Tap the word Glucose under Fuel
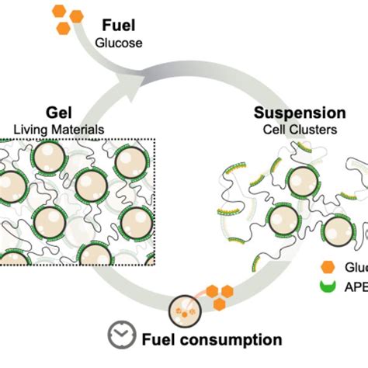pyautogui.click(x=119, y=43)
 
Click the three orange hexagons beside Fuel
pyautogui.click(x=69, y=20)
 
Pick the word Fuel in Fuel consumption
pyautogui.click(x=164, y=339)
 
